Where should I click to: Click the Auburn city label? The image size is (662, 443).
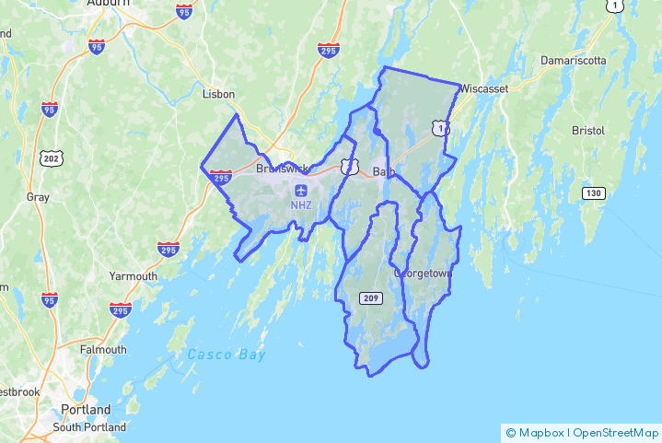point(108,4)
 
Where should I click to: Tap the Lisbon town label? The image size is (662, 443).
point(219,94)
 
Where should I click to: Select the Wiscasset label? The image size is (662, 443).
point(485,89)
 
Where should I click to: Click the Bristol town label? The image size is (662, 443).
point(587,131)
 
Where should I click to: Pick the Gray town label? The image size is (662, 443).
point(38,197)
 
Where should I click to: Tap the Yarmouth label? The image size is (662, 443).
point(134,276)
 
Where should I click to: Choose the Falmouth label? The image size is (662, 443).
point(103,350)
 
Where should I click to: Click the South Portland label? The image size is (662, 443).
point(89,427)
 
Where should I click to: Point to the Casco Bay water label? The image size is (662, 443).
point(226,355)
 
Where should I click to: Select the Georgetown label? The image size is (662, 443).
point(424,274)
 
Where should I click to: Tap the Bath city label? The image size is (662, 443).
point(384,171)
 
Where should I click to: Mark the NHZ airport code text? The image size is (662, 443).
point(302,204)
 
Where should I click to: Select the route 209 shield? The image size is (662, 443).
point(371,297)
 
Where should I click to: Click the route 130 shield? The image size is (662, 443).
point(593,192)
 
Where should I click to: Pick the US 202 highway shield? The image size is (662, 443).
point(51,158)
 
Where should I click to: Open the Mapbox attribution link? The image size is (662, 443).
point(538,433)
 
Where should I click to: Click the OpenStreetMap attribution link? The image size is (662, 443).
point(616,433)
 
